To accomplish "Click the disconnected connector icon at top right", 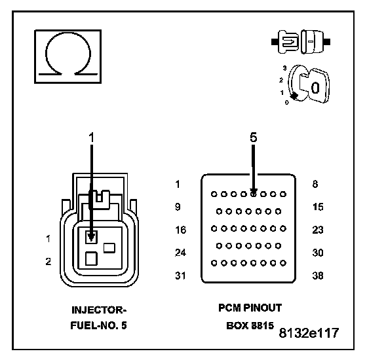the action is click(x=301, y=42).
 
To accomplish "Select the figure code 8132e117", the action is click(x=309, y=333).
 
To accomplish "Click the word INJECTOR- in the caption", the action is click(x=99, y=310).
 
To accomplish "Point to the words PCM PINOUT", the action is click(x=250, y=308).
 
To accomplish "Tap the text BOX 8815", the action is click(x=250, y=325).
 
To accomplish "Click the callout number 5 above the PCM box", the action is click(x=254, y=137).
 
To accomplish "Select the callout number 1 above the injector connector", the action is click(x=92, y=137).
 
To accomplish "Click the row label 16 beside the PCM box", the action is click(x=181, y=230).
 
